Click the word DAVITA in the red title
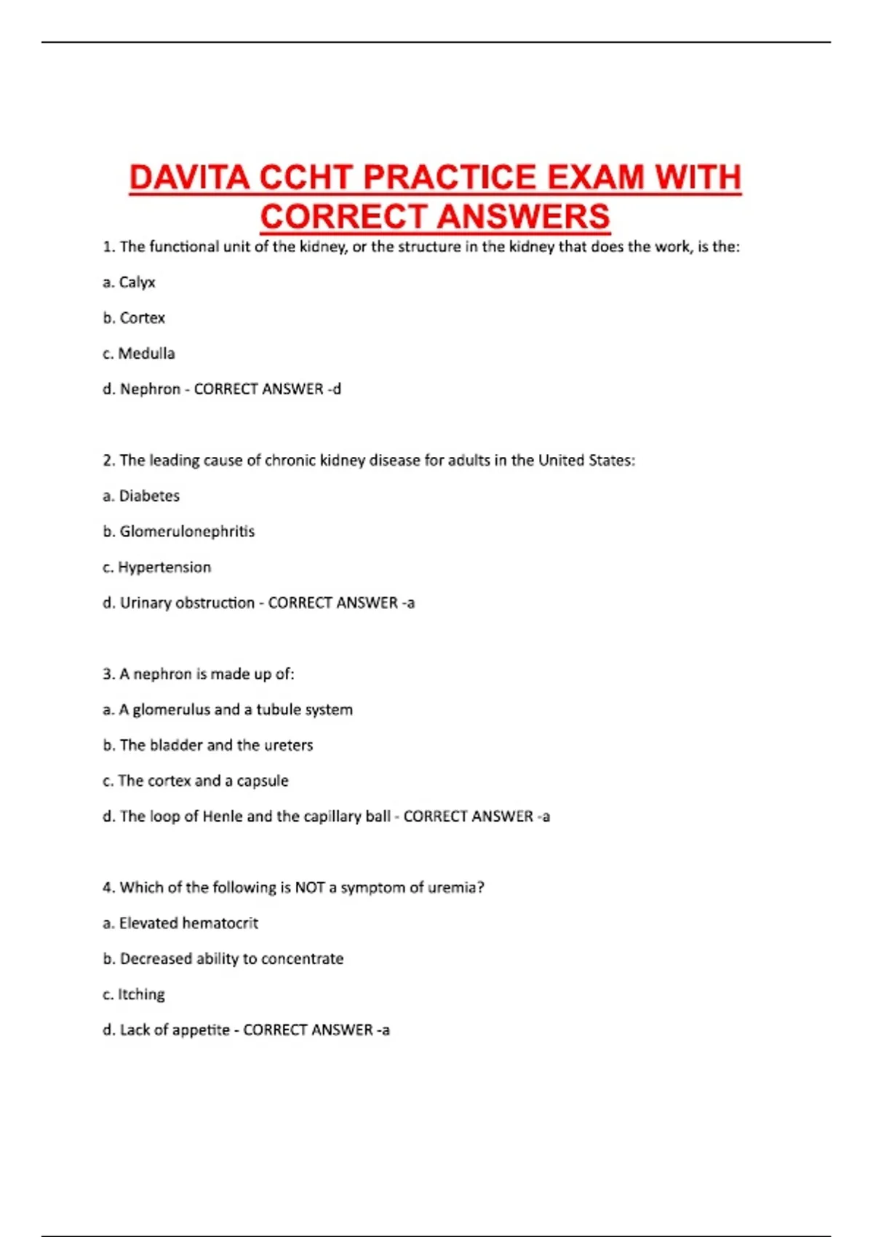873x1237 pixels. [x=190, y=178]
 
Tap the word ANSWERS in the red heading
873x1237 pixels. [x=524, y=217]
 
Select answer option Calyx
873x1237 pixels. [x=137, y=282]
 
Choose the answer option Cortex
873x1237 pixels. [x=142, y=318]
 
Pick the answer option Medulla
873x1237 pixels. [x=146, y=354]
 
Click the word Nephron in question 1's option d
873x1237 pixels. [x=150, y=389]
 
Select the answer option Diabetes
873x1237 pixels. [x=149, y=496]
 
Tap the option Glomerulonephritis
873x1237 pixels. [x=187, y=532]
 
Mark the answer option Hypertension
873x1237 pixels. [x=164, y=568]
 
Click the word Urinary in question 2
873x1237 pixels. [x=146, y=603]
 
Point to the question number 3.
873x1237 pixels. [x=108, y=675]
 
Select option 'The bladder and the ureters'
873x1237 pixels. [x=216, y=745]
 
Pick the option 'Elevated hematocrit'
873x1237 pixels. [x=188, y=923]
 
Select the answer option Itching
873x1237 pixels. [x=141, y=995]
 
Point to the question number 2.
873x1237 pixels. [x=108, y=461]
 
